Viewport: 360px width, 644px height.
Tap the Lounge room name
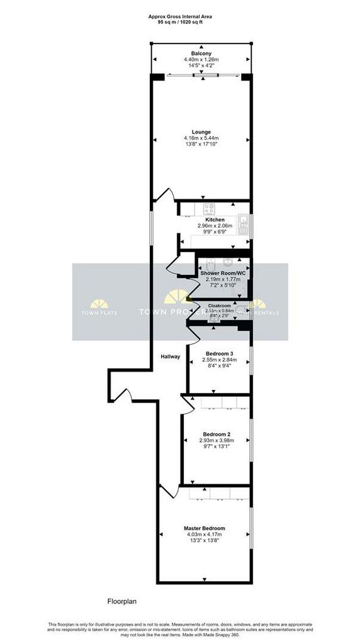click(x=201, y=132)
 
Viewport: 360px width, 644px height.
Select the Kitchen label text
click(x=215, y=219)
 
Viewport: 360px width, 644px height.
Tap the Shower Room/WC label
click(x=223, y=274)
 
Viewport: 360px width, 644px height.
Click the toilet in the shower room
click(x=228, y=262)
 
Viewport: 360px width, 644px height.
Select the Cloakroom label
click(x=220, y=305)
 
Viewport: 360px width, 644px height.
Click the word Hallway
click(x=170, y=357)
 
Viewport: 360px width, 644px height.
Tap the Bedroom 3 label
click(x=218, y=353)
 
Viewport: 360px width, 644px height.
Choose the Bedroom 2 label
click(x=216, y=434)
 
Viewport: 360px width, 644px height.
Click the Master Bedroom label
click(x=204, y=528)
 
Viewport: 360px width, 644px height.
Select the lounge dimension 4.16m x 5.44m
click(x=201, y=138)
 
